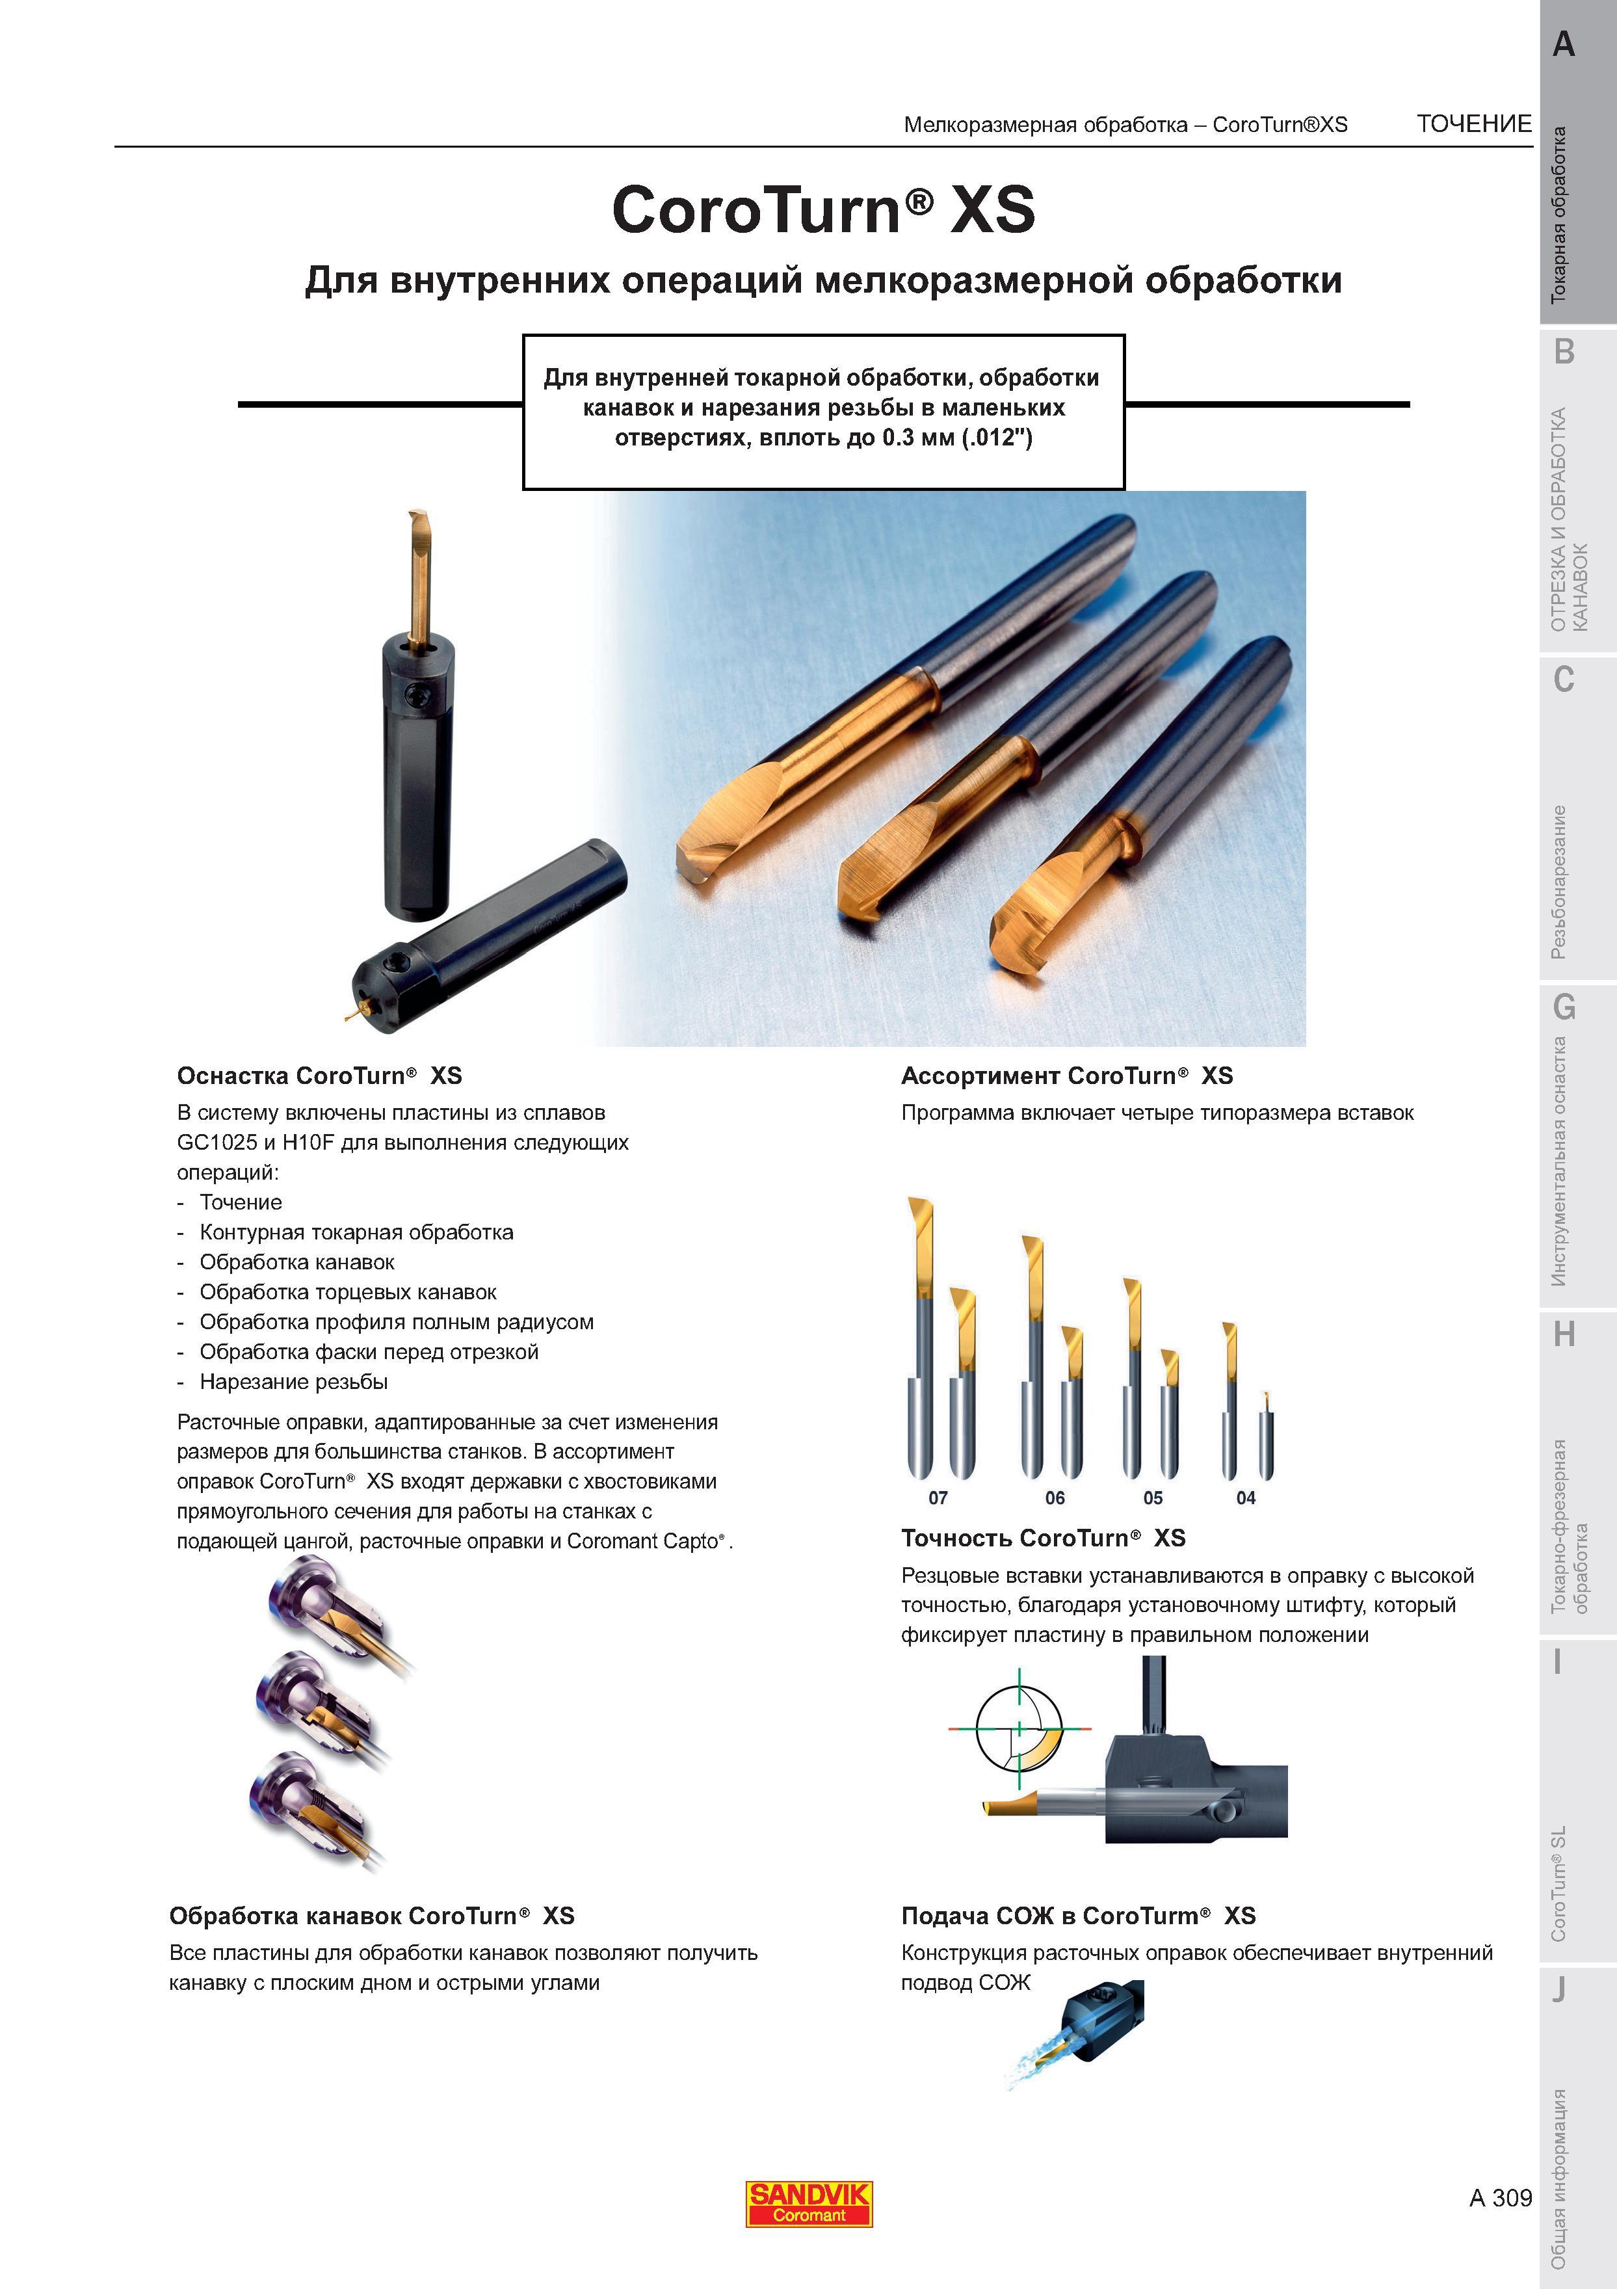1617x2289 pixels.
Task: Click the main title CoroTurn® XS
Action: [x=823, y=209]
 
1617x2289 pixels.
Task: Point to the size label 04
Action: [x=1246, y=1498]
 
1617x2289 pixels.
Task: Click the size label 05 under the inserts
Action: [x=1153, y=1498]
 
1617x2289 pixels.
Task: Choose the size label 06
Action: [x=1055, y=1498]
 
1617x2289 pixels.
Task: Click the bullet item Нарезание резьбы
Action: [x=294, y=1382]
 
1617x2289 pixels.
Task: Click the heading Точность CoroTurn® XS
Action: [x=1044, y=1539]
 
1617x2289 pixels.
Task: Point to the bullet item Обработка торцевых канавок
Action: [x=348, y=1292]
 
